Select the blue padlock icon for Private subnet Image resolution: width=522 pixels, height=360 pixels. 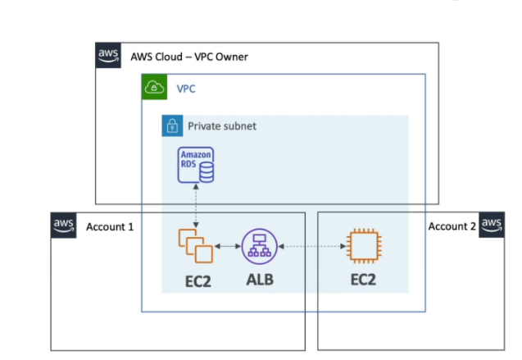point(172,126)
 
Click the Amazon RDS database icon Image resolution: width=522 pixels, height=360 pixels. point(197,165)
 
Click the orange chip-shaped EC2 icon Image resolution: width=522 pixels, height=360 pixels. point(363,246)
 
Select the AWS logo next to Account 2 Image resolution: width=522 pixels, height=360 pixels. point(492,226)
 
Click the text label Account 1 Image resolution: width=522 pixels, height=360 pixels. point(110,226)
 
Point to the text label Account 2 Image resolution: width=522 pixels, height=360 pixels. point(451,226)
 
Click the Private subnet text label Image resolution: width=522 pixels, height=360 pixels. point(221,126)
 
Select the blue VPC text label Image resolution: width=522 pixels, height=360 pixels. point(187,88)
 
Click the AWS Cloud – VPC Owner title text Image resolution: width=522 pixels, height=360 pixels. point(189,57)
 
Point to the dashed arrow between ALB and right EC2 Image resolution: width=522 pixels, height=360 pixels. point(310,246)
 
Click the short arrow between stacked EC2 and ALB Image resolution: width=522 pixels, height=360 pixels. point(228,246)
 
